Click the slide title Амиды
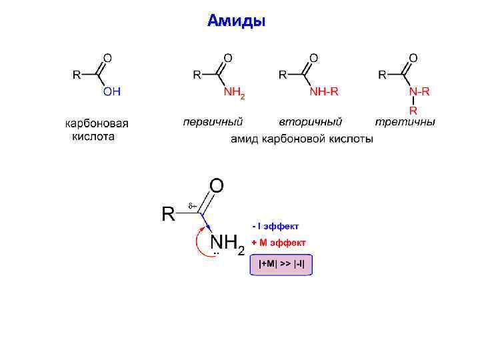click(x=237, y=21)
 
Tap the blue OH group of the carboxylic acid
click(x=111, y=93)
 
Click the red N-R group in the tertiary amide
click(x=420, y=92)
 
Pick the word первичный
click(x=213, y=122)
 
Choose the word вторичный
click(x=310, y=122)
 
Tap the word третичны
click(x=405, y=122)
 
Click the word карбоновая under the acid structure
click(x=97, y=123)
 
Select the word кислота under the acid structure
click(x=93, y=136)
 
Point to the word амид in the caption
click(x=245, y=139)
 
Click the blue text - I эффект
click(x=276, y=226)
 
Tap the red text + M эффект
click(x=279, y=242)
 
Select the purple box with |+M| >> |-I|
click(x=281, y=264)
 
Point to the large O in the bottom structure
click(x=217, y=184)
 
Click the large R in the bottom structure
click(x=169, y=214)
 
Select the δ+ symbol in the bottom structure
click(x=191, y=207)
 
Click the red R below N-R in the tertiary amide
click(x=413, y=110)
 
